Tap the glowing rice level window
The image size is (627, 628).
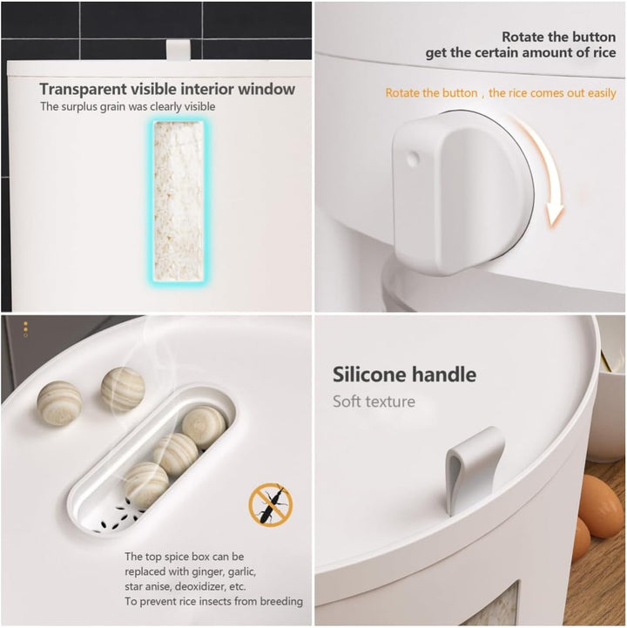179,200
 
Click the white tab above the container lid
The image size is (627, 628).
179,50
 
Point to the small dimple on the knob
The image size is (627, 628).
412,159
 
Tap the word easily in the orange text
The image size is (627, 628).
602,93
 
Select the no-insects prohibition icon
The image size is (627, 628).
271,504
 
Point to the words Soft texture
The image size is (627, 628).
374,402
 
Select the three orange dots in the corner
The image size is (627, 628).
25,329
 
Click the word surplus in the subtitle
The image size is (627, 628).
79,107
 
